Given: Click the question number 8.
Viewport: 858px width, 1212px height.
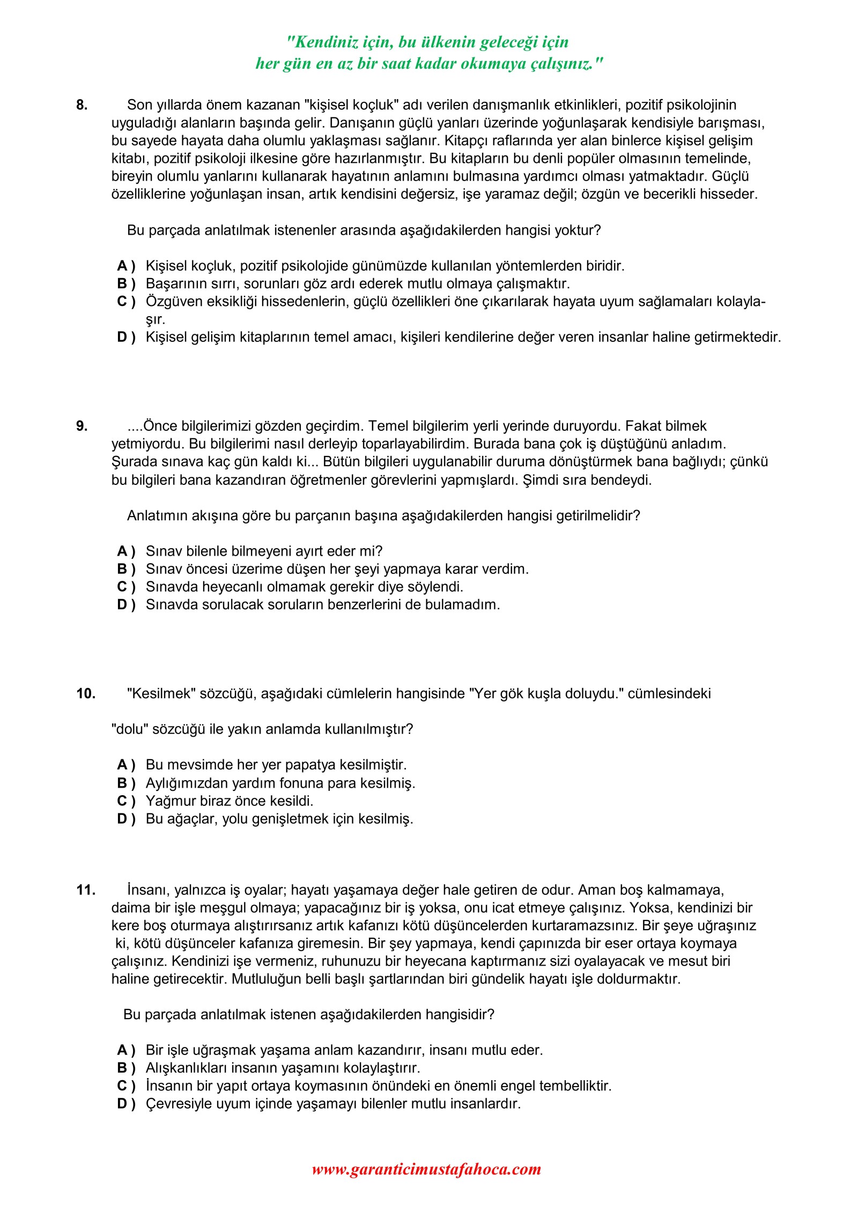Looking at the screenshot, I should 82,105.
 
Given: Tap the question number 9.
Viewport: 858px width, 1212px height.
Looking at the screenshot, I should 82,426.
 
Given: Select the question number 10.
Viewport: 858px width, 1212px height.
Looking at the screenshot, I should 86,693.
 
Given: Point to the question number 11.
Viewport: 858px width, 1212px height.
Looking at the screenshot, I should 86,890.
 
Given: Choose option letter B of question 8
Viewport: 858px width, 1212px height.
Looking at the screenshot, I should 125,283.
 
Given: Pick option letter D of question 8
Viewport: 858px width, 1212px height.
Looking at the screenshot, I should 125,337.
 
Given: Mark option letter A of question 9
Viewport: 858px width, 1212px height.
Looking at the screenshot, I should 125,551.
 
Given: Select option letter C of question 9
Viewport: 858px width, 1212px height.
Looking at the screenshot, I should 125,587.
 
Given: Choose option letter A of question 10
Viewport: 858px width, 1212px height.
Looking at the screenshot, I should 125,765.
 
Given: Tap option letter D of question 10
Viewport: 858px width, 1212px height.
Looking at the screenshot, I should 125,819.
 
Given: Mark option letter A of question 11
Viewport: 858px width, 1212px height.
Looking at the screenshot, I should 125,1050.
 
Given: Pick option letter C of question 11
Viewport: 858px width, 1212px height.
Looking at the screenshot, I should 125,1086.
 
